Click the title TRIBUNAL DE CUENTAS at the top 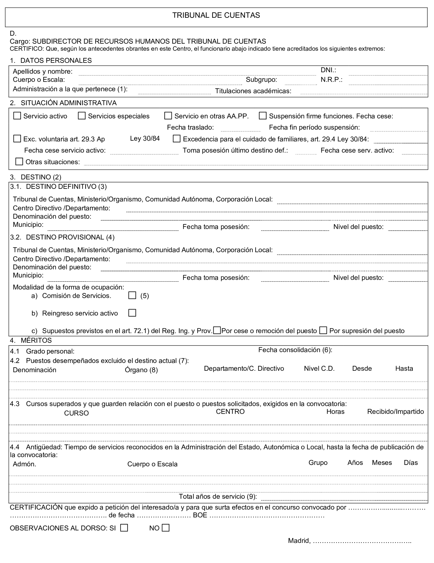(216, 15)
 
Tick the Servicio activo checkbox (17, 116)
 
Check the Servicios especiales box (82, 116)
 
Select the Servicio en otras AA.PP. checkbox (168, 116)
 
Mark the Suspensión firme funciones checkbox (263, 116)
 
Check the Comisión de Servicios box (132, 295)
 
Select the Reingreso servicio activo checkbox (132, 313)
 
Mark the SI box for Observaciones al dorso (124, 528)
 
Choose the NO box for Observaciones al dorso (165, 528)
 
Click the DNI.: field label (328, 70)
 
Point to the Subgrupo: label (261, 80)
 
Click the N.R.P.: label (331, 80)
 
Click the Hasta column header (404, 368)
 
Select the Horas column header (335, 411)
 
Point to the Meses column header (382, 462)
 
